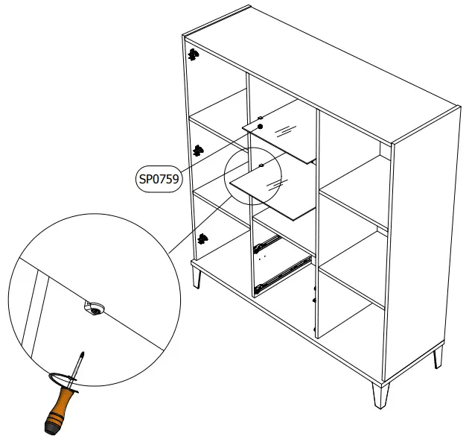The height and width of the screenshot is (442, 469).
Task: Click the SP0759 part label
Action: [x=159, y=179]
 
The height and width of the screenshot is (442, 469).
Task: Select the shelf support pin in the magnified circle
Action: [x=94, y=309]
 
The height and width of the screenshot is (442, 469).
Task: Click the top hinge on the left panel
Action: [x=193, y=54]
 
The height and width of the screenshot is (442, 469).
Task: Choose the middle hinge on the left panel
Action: [x=198, y=150]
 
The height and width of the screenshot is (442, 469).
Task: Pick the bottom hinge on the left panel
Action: [x=202, y=239]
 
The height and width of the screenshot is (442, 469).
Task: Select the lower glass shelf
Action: [x=275, y=191]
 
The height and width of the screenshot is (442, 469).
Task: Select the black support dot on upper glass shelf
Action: [x=261, y=127]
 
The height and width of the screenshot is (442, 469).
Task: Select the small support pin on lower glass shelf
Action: [x=262, y=165]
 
